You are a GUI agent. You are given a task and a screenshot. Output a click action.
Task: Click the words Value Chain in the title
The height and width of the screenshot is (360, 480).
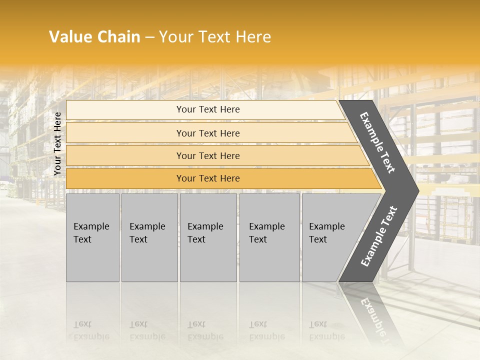pyautogui.click(x=94, y=37)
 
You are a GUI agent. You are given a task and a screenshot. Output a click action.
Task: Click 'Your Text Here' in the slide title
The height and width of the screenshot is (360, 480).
pyautogui.click(x=215, y=37)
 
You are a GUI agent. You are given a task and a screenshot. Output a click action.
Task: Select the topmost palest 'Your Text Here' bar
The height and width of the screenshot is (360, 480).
pyautogui.click(x=207, y=109)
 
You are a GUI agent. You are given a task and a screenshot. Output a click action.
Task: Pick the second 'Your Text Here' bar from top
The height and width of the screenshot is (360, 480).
pyautogui.click(x=207, y=133)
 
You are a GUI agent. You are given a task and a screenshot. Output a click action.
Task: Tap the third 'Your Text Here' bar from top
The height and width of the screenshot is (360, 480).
pyautogui.click(x=207, y=155)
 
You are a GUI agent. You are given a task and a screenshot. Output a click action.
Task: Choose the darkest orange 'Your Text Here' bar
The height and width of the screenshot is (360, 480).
pyautogui.click(x=207, y=178)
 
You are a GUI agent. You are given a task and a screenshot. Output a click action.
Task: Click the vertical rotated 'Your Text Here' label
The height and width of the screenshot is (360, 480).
pyautogui.click(x=57, y=143)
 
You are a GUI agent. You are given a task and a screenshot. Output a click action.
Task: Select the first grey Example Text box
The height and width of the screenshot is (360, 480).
pyautogui.click(x=92, y=237)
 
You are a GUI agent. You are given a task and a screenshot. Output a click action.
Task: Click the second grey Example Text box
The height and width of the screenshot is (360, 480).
pyautogui.click(x=149, y=237)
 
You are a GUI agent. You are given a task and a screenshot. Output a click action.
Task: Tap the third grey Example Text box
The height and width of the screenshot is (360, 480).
pyautogui.click(x=207, y=237)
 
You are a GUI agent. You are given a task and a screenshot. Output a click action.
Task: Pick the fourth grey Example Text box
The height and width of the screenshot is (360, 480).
pyautogui.click(x=269, y=237)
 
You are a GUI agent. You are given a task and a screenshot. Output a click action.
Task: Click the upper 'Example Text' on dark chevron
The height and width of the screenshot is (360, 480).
pyautogui.click(x=377, y=142)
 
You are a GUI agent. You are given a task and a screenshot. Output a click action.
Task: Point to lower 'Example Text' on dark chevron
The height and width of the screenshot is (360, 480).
pyautogui.click(x=378, y=236)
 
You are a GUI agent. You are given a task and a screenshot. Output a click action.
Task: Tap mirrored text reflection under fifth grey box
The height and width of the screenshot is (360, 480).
pyautogui.click(x=326, y=330)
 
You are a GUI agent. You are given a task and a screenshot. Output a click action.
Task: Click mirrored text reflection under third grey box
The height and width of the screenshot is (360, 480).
pyautogui.click(x=205, y=330)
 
